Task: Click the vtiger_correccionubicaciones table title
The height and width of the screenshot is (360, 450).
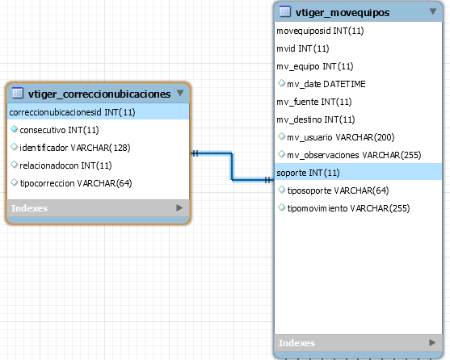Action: pyautogui.click(x=99, y=94)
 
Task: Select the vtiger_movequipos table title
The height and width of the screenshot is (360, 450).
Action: pyautogui.click(x=343, y=13)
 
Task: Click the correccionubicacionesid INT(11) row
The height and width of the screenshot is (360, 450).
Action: pyautogui.click(x=72, y=112)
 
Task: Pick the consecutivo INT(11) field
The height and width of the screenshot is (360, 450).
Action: pyautogui.click(x=59, y=130)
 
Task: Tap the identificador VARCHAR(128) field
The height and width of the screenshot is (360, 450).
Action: pyautogui.click(x=75, y=148)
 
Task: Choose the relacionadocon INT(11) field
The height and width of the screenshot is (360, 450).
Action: pyautogui.click(x=65, y=165)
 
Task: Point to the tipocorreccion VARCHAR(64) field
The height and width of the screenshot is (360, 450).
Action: pyautogui.click(x=76, y=183)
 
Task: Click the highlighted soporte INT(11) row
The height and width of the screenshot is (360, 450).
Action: pyautogui.click(x=308, y=173)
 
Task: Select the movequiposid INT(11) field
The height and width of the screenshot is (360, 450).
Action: pyautogui.click(x=320, y=31)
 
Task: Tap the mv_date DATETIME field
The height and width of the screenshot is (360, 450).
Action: pyautogui.click(x=326, y=84)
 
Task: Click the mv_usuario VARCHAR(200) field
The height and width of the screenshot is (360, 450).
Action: pyautogui.click(x=341, y=137)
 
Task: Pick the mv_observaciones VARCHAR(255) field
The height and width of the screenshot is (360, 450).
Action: pyautogui.click(x=354, y=155)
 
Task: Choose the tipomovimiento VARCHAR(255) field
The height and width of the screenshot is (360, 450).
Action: pyautogui.click(x=348, y=208)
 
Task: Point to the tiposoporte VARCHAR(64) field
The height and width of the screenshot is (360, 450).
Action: pyautogui.click(x=338, y=190)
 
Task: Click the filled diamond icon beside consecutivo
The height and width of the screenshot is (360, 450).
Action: pyautogui.click(x=14, y=129)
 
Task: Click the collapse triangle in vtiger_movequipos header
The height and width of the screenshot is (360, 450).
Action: pyautogui.click(x=433, y=11)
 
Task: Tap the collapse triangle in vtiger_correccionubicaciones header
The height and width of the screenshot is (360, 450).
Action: pyautogui.click(x=180, y=93)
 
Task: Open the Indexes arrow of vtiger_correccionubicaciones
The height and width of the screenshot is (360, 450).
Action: pyautogui.click(x=179, y=207)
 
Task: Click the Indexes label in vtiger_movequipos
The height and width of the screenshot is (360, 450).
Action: pyautogui.click(x=296, y=343)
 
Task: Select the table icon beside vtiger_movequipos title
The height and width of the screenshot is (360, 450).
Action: pyautogui.click(x=285, y=12)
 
